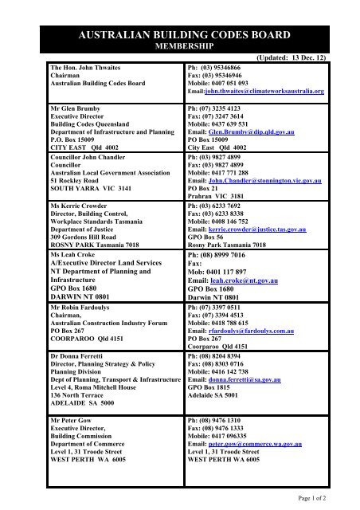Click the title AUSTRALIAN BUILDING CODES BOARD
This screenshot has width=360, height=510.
[179, 33]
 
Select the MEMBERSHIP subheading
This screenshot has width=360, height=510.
[179, 46]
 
